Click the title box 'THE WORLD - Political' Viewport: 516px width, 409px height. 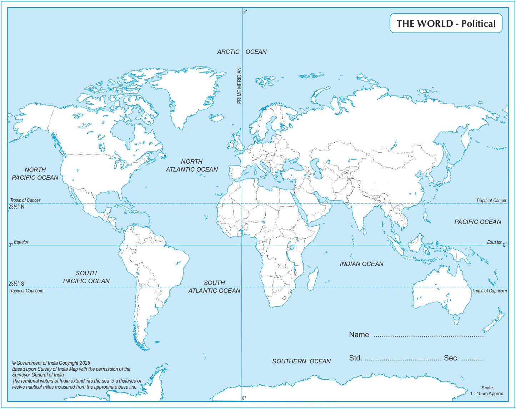(446, 24)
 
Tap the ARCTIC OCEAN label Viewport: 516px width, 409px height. (242, 52)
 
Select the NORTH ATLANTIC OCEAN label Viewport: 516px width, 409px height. (192, 166)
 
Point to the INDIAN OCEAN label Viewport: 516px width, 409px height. (361, 264)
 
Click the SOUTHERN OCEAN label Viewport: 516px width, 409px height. (301, 361)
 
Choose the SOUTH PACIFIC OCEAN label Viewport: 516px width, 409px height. (86, 277)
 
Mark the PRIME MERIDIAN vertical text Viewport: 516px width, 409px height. (239, 86)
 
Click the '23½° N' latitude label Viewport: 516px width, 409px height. (16, 207)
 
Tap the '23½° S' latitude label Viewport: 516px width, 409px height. (16, 284)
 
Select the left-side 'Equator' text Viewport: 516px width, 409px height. (21, 242)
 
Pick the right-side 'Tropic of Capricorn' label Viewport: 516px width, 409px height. (489, 291)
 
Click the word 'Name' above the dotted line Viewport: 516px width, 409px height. (359, 335)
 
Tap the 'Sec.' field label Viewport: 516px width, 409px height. (451, 358)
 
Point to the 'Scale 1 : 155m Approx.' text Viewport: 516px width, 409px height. (487, 391)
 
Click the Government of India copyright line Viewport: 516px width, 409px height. (51, 363)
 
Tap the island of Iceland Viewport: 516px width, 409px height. (216, 117)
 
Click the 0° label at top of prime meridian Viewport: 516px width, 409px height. (245, 11)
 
